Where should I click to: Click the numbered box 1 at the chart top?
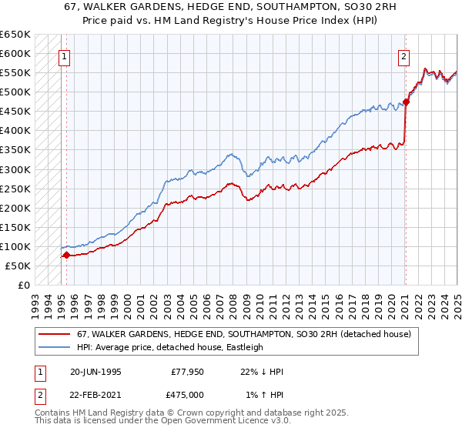coord(64,55)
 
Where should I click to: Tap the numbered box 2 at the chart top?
coord(403,55)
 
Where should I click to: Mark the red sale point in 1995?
coord(67,255)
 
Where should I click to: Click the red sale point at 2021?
coord(406,102)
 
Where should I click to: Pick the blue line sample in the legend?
coord(54,347)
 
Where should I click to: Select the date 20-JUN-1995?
coord(95,371)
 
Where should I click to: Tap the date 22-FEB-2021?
coord(95,396)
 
